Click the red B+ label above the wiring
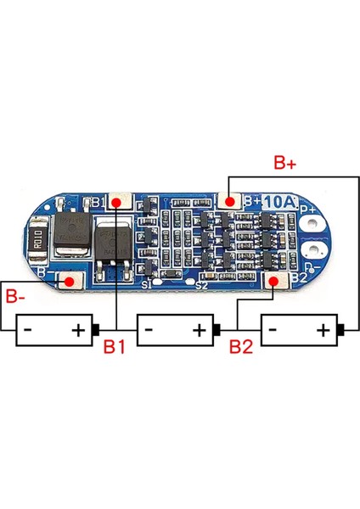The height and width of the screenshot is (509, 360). [285, 162]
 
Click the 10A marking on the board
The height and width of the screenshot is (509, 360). [278, 202]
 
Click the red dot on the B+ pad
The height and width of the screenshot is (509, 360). [229, 201]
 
